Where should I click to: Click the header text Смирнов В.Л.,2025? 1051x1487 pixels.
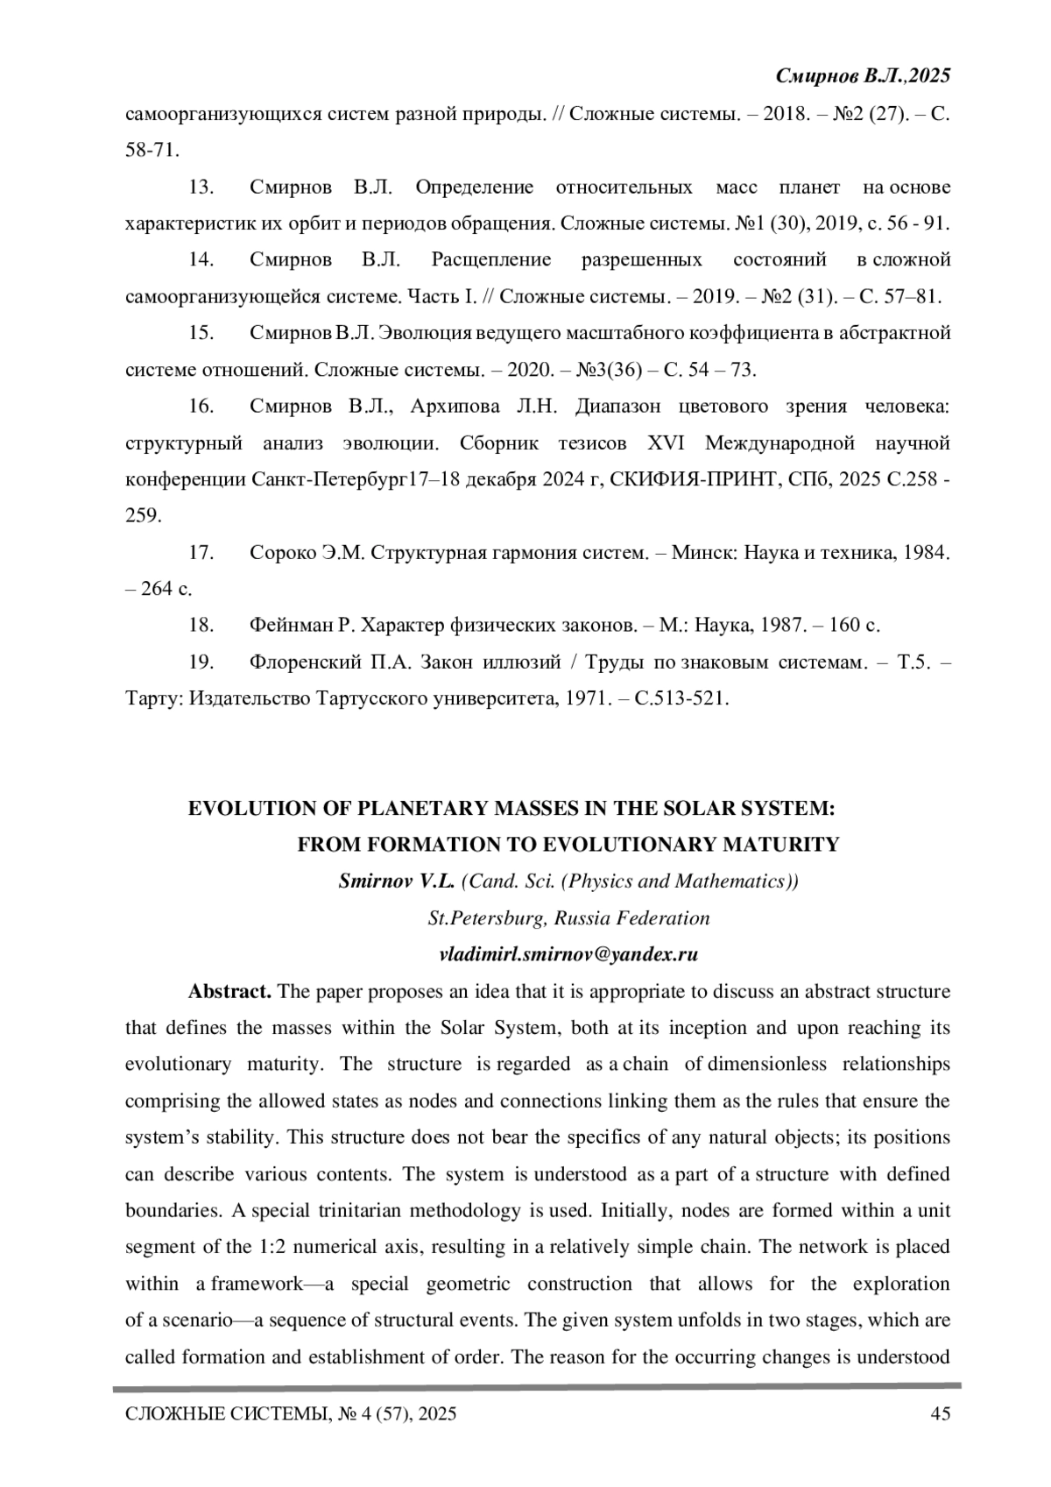(x=863, y=77)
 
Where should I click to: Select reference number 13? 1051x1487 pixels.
(x=201, y=188)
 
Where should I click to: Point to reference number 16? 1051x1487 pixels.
(x=201, y=406)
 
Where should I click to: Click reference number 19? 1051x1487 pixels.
(x=201, y=662)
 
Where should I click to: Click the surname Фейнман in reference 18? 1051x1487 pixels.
(x=292, y=625)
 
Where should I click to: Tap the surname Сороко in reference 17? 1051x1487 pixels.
(x=281, y=552)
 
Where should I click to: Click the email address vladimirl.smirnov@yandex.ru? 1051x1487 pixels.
(x=568, y=954)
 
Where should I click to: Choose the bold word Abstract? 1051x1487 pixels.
(x=229, y=991)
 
